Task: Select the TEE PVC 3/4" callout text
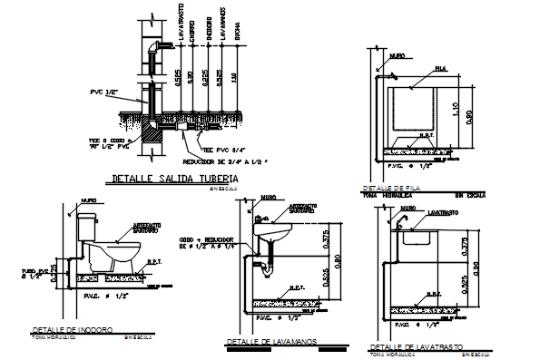pos(221,149)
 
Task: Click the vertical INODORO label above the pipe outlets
pos(207,28)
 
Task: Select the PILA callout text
pos(440,68)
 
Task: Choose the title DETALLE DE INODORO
pos(72,329)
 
